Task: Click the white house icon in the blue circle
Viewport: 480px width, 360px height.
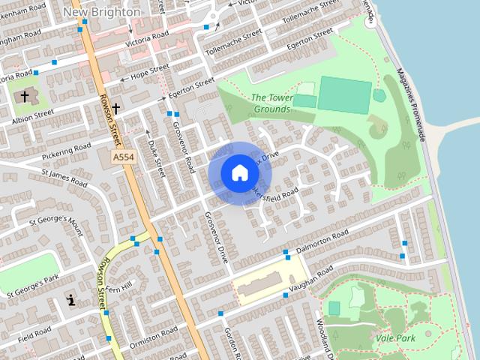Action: tap(239, 173)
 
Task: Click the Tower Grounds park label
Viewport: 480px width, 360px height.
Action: tap(270, 103)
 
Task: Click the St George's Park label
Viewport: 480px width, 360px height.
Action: tap(31, 286)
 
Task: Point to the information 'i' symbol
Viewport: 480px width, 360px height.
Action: tap(71, 301)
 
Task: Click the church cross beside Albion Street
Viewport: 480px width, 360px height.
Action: tap(25, 97)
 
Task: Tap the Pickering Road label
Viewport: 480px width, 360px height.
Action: tap(65, 150)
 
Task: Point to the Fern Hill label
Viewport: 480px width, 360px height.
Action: tap(118, 286)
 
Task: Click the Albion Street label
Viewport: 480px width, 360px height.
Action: tap(33, 113)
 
